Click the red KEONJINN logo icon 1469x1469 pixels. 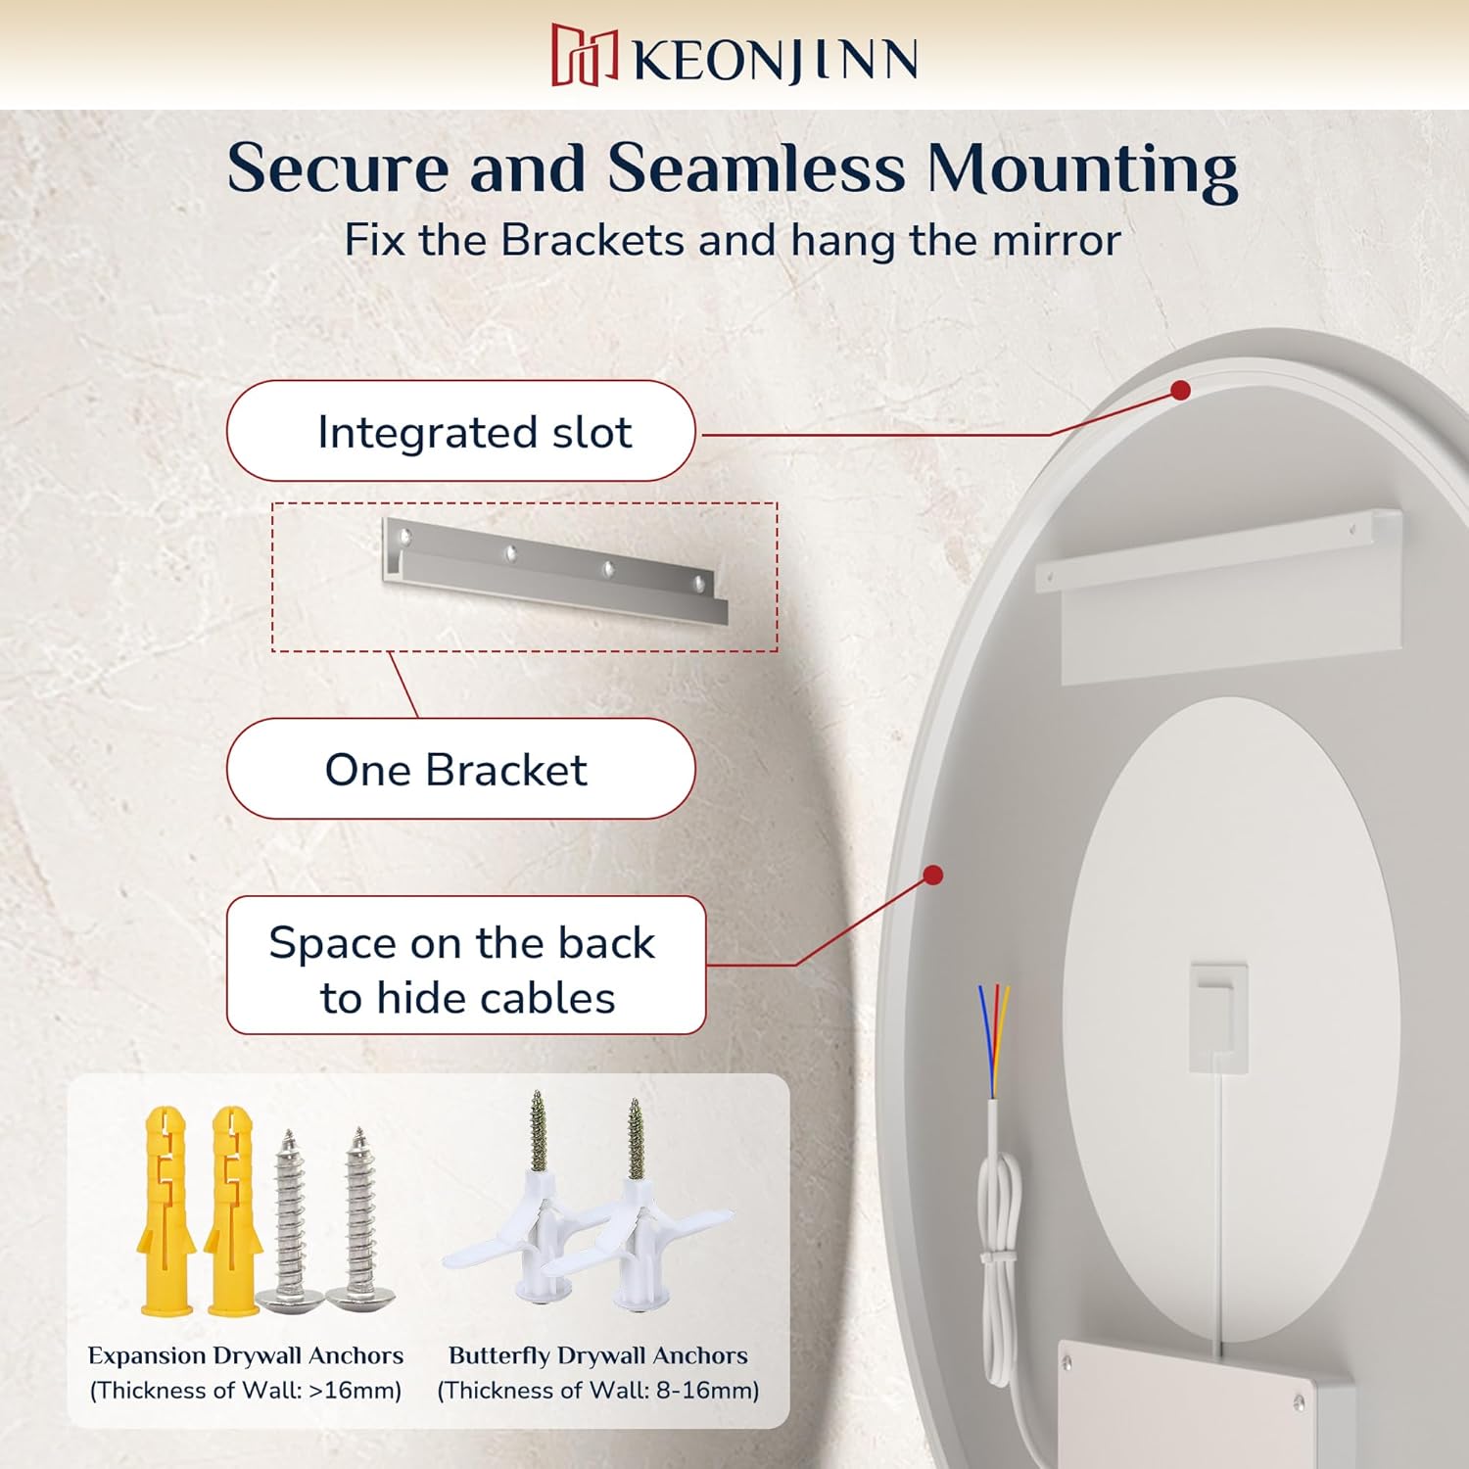click(x=585, y=55)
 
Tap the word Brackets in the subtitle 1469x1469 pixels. click(x=592, y=240)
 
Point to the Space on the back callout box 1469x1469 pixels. click(x=466, y=966)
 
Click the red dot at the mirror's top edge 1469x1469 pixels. click(x=1181, y=391)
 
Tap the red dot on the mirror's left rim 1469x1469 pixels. click(x=933, y=875)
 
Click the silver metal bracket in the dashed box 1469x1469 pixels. click(x=555, y=571)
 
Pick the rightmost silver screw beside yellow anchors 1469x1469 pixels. click(x=359, y=1218)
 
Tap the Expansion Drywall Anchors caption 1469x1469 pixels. click(x=246, y=1355)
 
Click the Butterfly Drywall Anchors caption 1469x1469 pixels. click(x=598, y=1355)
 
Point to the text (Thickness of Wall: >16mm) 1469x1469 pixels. click(x=246, y=1391)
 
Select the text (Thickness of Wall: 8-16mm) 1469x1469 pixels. click(x=598, y=1391)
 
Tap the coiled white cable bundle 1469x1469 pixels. click(x=999, y=1263)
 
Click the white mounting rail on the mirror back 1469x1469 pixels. click(x=1219, y=595)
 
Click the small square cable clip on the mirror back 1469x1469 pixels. click(x=1219, y=1017)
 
